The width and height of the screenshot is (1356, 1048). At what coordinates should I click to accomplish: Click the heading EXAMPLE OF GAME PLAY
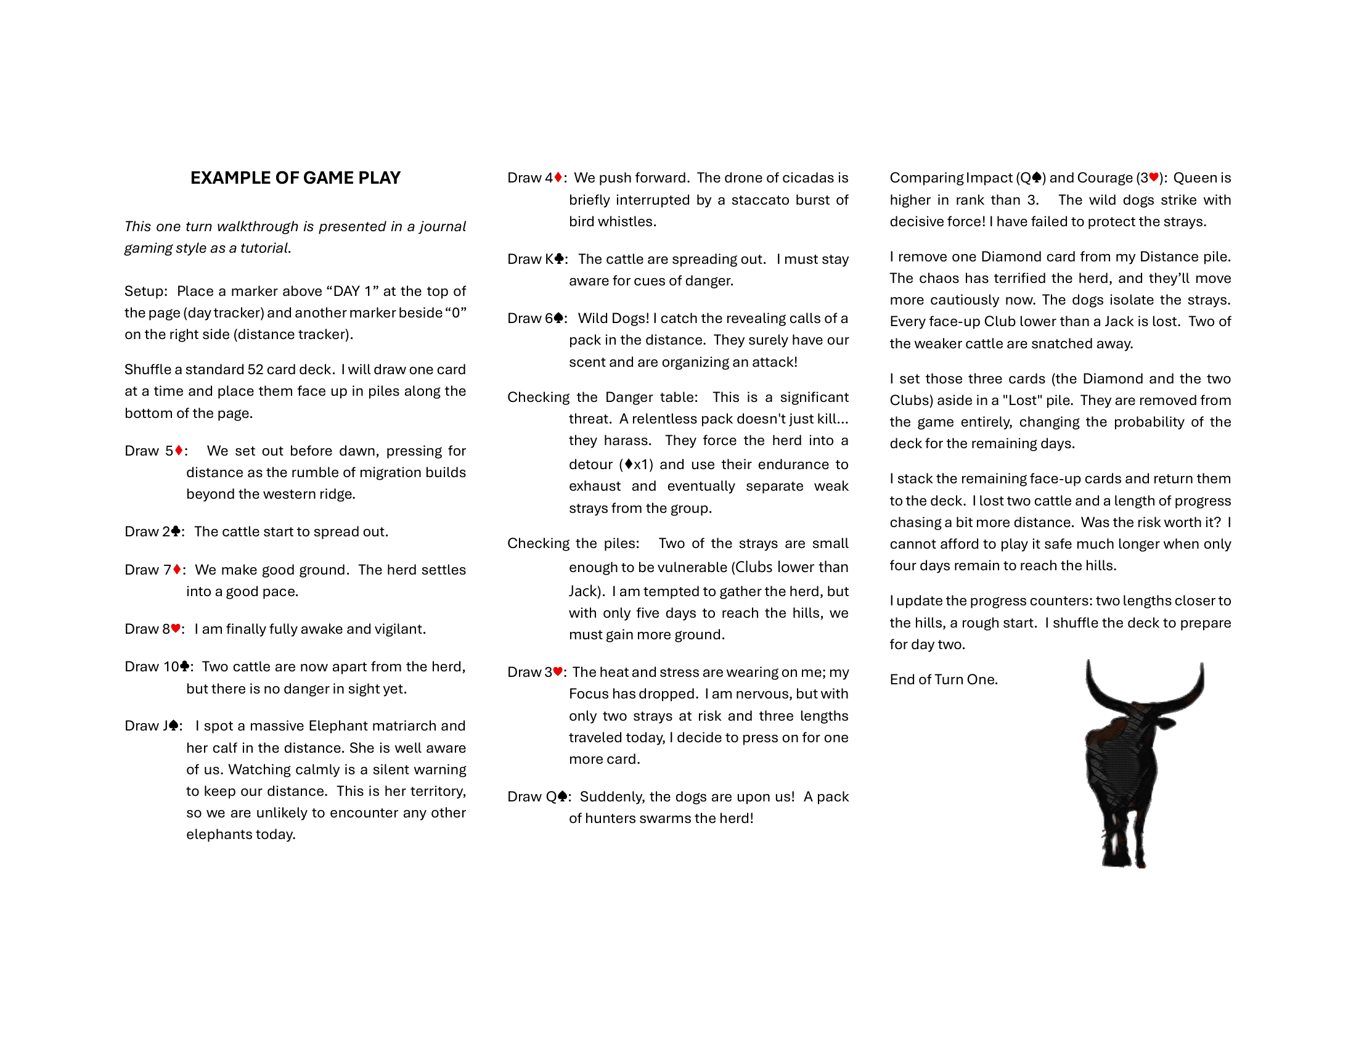point(295,178)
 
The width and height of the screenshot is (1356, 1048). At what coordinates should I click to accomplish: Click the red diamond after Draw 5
point(179,450)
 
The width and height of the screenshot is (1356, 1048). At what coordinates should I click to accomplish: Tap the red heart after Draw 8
point(176,628)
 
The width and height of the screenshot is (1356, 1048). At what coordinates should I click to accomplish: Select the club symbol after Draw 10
point(184,666)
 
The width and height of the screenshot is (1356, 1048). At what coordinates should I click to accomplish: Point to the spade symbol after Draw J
point(173,725)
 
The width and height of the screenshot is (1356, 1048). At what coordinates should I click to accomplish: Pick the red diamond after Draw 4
point(558,178)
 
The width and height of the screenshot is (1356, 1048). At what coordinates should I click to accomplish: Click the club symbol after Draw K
point(559,259)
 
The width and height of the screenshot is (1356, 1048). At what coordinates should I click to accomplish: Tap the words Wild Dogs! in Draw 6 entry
point(613,319)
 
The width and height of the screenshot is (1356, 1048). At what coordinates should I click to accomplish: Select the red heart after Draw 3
point(558,671)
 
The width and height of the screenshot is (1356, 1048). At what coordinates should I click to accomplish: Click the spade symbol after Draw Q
point(563,796)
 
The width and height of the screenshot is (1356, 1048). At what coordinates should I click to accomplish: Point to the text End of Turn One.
point(943,679)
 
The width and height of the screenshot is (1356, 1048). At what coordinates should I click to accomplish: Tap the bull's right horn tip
point(1202,666)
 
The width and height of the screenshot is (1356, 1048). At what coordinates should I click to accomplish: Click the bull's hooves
point(1124,860)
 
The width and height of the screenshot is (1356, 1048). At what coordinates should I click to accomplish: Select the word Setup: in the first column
point(146,291)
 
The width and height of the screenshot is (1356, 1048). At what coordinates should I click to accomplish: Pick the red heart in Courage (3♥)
point(1154,178)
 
